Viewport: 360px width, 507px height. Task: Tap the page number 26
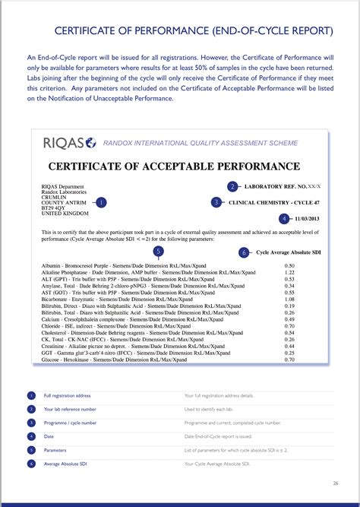pos(336,483)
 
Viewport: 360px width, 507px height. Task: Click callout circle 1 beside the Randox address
pos(103,202)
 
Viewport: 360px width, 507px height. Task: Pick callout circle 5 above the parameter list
pos(158,251)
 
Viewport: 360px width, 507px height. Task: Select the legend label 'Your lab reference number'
pos(70,409)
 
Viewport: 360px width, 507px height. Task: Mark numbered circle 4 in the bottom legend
pos(31,436)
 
